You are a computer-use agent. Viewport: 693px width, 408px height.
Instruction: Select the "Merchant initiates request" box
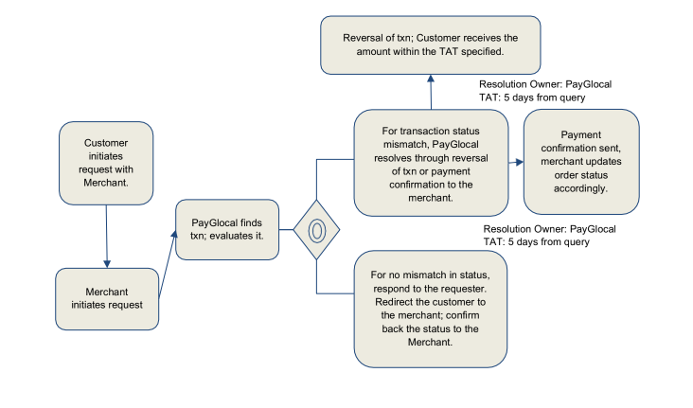(106, 298)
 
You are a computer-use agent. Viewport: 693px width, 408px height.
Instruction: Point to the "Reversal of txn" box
(430, 44)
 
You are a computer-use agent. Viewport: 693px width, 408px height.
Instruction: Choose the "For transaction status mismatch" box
(430, 162)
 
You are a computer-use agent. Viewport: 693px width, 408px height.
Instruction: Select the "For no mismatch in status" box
(430, 308)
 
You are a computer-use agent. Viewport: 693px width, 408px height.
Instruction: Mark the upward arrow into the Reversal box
(431, 92)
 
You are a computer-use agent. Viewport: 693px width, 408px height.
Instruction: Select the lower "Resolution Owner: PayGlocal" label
(549, 229)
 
